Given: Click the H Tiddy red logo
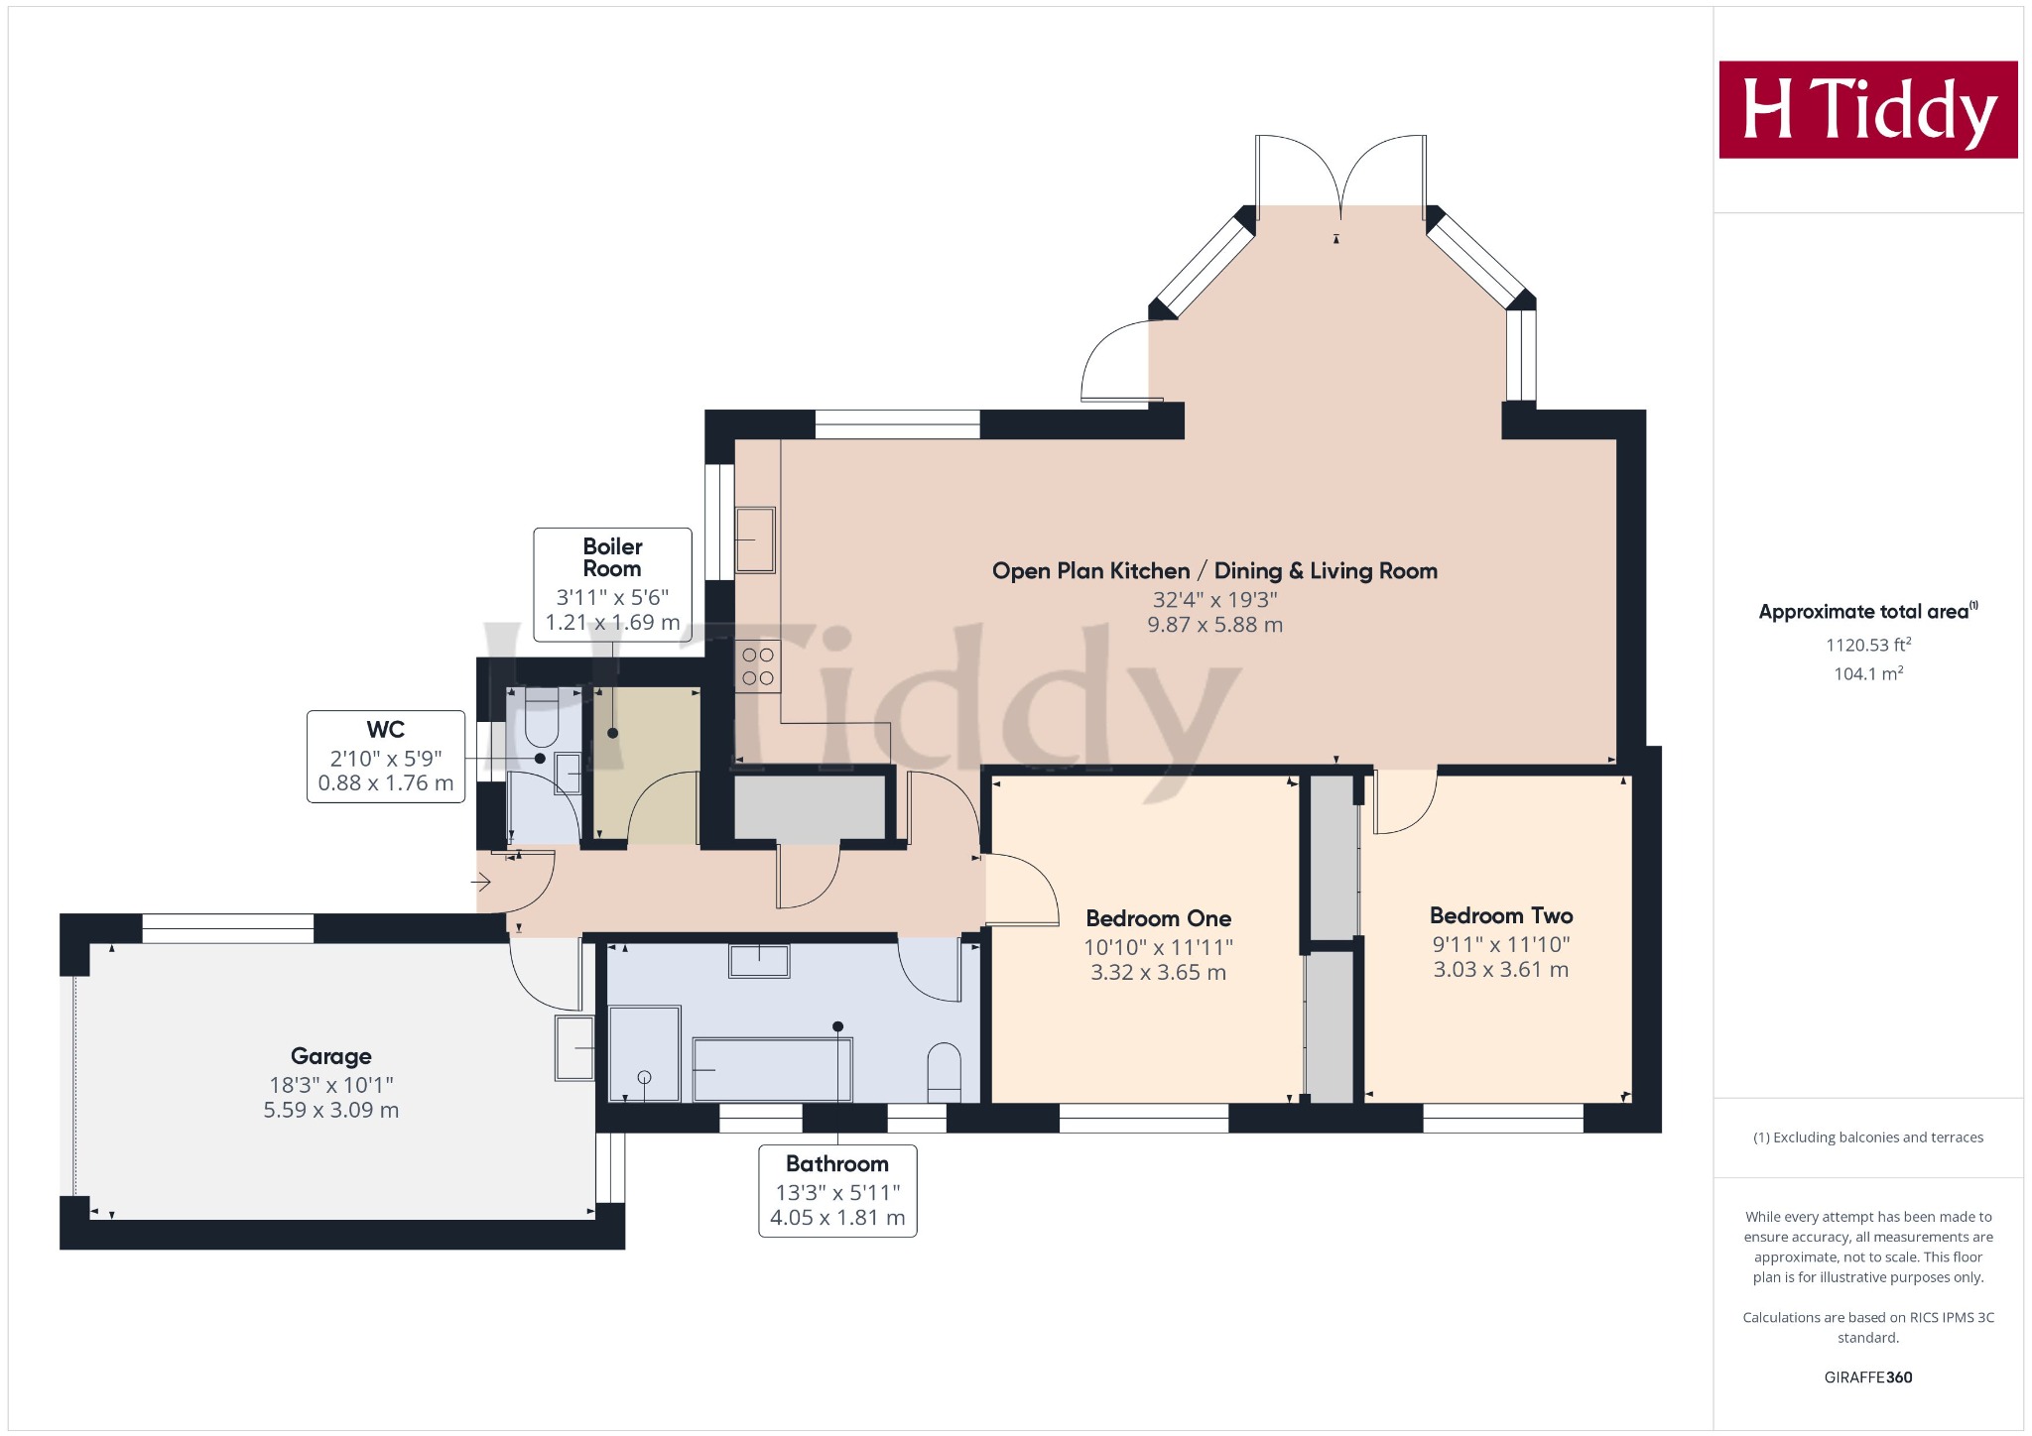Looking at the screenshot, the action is (1867, 109).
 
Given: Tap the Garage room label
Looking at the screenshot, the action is (331, 1056).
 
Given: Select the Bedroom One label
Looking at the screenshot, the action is (1158, 918).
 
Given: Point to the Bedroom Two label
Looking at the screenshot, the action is (1501, 915).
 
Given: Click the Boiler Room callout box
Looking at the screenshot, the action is (612, 585).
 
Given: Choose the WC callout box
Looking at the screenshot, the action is (386, 756).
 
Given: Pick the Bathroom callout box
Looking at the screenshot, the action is (837, 1191).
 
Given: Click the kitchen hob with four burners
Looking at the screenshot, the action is (758, 666).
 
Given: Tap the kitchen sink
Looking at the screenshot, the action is (755, 540).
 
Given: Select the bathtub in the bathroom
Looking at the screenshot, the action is (772, 1069).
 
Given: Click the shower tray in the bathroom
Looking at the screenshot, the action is (644, 1053).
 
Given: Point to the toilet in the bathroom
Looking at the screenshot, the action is (944, 1072).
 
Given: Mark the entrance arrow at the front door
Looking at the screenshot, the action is (481, 882).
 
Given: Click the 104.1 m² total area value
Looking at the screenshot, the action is (1868, 673).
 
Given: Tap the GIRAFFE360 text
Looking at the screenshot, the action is (1868, 1376).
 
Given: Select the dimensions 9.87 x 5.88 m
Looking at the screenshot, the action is (1214, 625).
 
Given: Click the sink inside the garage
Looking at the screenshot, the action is (574, 1047).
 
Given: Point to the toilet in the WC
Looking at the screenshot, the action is (542, 719).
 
